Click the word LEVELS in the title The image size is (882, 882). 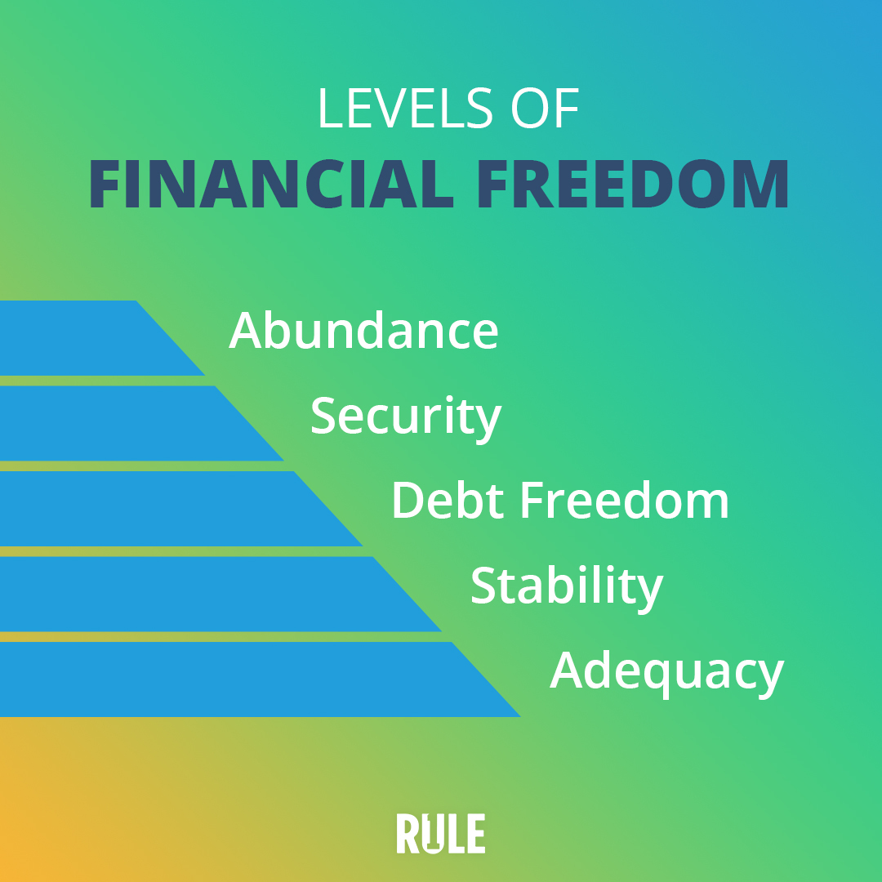405,108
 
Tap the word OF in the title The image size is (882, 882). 545,108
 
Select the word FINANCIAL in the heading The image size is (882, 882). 272,184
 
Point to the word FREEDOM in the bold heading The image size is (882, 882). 634,184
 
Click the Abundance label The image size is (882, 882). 363,330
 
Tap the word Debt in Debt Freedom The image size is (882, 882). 448,500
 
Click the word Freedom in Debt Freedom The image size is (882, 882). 625,500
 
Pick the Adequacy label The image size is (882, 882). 667,673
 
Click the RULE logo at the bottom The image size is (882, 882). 440,833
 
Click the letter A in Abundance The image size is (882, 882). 245,330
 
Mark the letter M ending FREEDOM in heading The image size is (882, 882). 760,184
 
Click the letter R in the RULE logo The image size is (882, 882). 408,833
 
